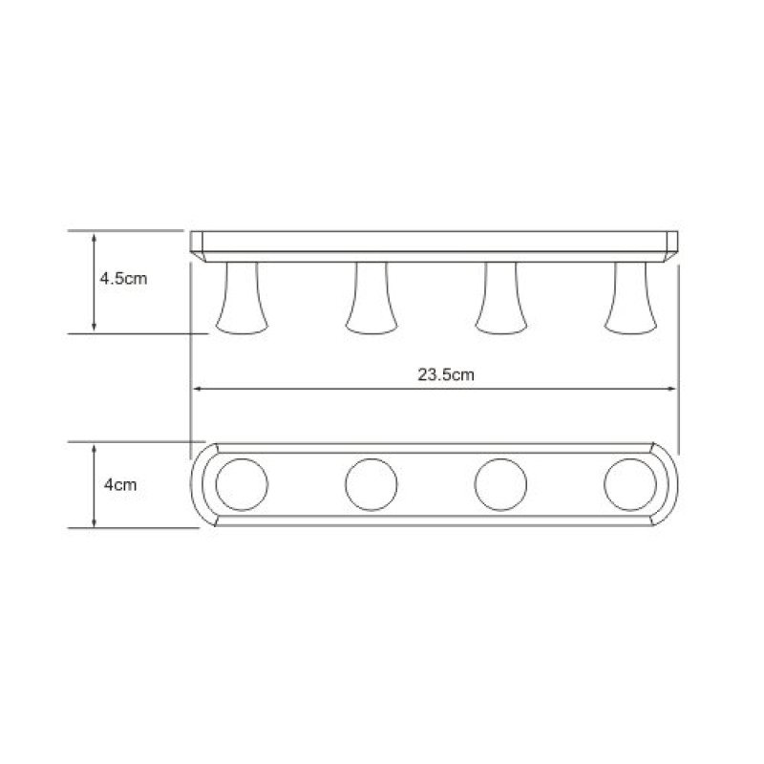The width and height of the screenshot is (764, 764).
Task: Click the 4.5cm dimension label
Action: coord(123,279)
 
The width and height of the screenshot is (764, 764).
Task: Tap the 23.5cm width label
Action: coord(446,374)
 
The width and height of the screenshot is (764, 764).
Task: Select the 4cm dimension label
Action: coord(120,485)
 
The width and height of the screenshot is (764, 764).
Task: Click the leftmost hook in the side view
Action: coord(242,298)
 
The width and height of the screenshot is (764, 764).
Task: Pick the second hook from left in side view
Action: coord(371,298)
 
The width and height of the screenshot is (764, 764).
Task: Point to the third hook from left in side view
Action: coord(500,298)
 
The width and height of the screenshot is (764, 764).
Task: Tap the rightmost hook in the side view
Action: coord(630,298)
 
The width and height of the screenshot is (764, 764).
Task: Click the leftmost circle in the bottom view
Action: coord(242,485)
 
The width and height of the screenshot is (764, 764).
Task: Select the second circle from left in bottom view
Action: coord(371,485)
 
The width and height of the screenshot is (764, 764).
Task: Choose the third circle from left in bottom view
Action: coord(500,485)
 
